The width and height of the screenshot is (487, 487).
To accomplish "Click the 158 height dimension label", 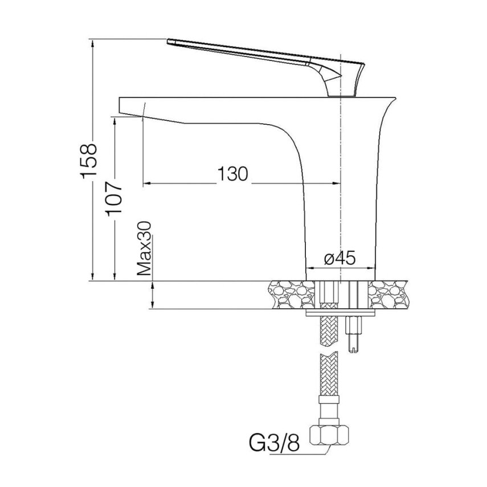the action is (89, 161).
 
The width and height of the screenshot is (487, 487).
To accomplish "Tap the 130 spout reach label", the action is (233, 174).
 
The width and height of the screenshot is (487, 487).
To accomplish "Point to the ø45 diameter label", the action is (339, 258).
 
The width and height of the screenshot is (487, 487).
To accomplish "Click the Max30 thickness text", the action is (144, 248).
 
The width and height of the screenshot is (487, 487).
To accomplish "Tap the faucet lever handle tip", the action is (169, 42).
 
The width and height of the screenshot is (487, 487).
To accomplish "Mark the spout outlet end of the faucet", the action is (120, 105).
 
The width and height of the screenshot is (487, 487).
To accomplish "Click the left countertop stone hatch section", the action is (291, 294).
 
